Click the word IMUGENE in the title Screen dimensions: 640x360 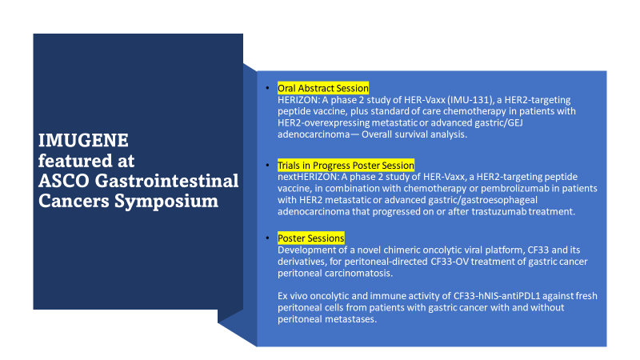click(83, 141)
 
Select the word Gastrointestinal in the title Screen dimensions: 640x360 click(166, 181)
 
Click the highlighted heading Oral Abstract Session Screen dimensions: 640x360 click(323, 88)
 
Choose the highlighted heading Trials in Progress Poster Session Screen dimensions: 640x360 click(346, 166)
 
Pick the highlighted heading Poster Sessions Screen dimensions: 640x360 click(310, 238)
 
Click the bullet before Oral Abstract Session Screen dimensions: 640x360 click(267, 88)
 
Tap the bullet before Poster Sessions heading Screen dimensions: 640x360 click(267, 238)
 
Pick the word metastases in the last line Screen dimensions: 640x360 click(350, 319)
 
